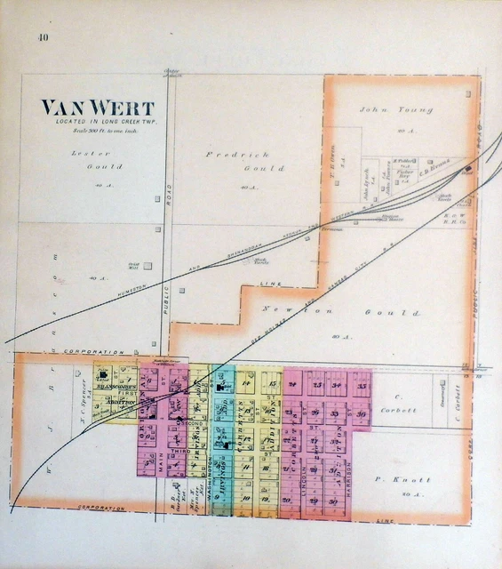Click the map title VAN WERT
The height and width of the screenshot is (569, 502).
click(x=97, y=108)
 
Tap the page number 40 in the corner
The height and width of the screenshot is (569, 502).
click(x=43, y=36)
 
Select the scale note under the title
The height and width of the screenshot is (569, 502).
click(x=98, y=131)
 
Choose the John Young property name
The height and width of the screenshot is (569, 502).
click(x=396, y=109)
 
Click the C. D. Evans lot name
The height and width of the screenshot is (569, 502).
click(x=435, y=162)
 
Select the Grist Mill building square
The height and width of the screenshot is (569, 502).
click(x=147, y=265)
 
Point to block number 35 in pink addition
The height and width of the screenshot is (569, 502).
click(x=362, y=386)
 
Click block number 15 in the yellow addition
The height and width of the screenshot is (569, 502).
click(x=272, y=384)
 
